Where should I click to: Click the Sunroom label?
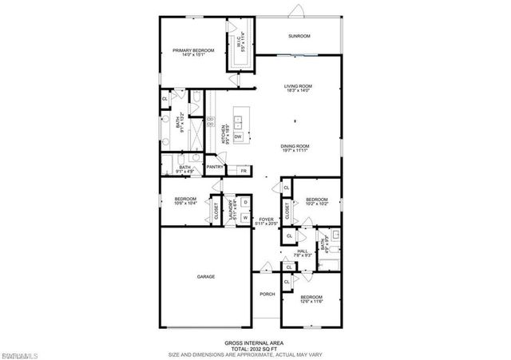pyautogui.click(x=299, y=37)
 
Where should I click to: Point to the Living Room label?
pyautogui.click(x=298, y=88)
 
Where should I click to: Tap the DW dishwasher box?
pyautogui.click(x=239, y=137)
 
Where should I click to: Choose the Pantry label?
pyautogui.click(x=214, y=168)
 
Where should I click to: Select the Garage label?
pyautogui.click(x=207, y=277)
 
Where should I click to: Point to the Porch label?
pyautogui.click(x=267, y=294)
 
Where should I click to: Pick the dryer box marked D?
pyautogui.click(x=244, y=203)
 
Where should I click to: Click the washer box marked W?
pyautogui.click(x=244, y=217)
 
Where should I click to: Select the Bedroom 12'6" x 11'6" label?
pyautogui.click(x=311, y=299)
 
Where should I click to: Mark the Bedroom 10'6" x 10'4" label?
pyautogui.click(x=185, y=200)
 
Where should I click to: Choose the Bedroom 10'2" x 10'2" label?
pyautogui.click(x=316, y=202)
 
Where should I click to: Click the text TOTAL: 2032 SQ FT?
pyautogui.click(x=254, y=349)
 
